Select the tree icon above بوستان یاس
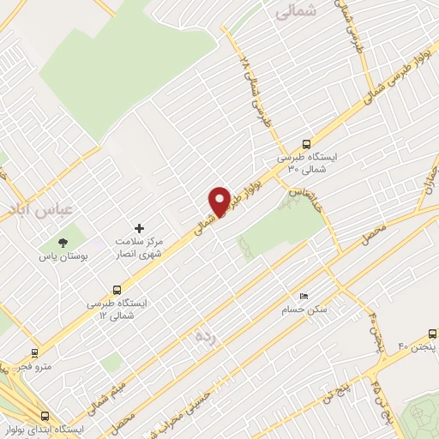pos(62,242)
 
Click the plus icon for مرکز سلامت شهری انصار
pos(140,227)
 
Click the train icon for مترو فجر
pos(34,352)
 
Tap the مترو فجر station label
pos(37,366)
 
